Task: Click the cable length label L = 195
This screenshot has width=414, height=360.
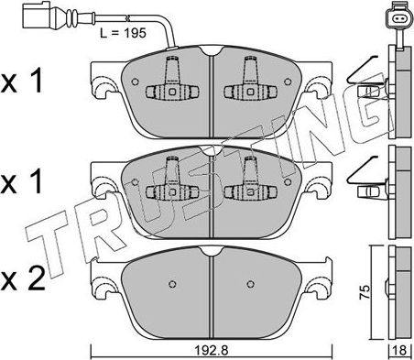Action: click(123, 33)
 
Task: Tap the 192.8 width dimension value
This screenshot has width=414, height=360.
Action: click(212, 351)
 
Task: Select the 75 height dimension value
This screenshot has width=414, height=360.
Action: click(365, 292)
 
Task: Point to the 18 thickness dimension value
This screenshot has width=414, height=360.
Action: click(401, 351)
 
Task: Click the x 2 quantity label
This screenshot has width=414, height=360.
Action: click(23, 278)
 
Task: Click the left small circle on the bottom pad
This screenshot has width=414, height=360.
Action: click(172, 284)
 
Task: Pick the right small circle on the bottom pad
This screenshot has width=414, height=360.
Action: click(251, 284)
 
